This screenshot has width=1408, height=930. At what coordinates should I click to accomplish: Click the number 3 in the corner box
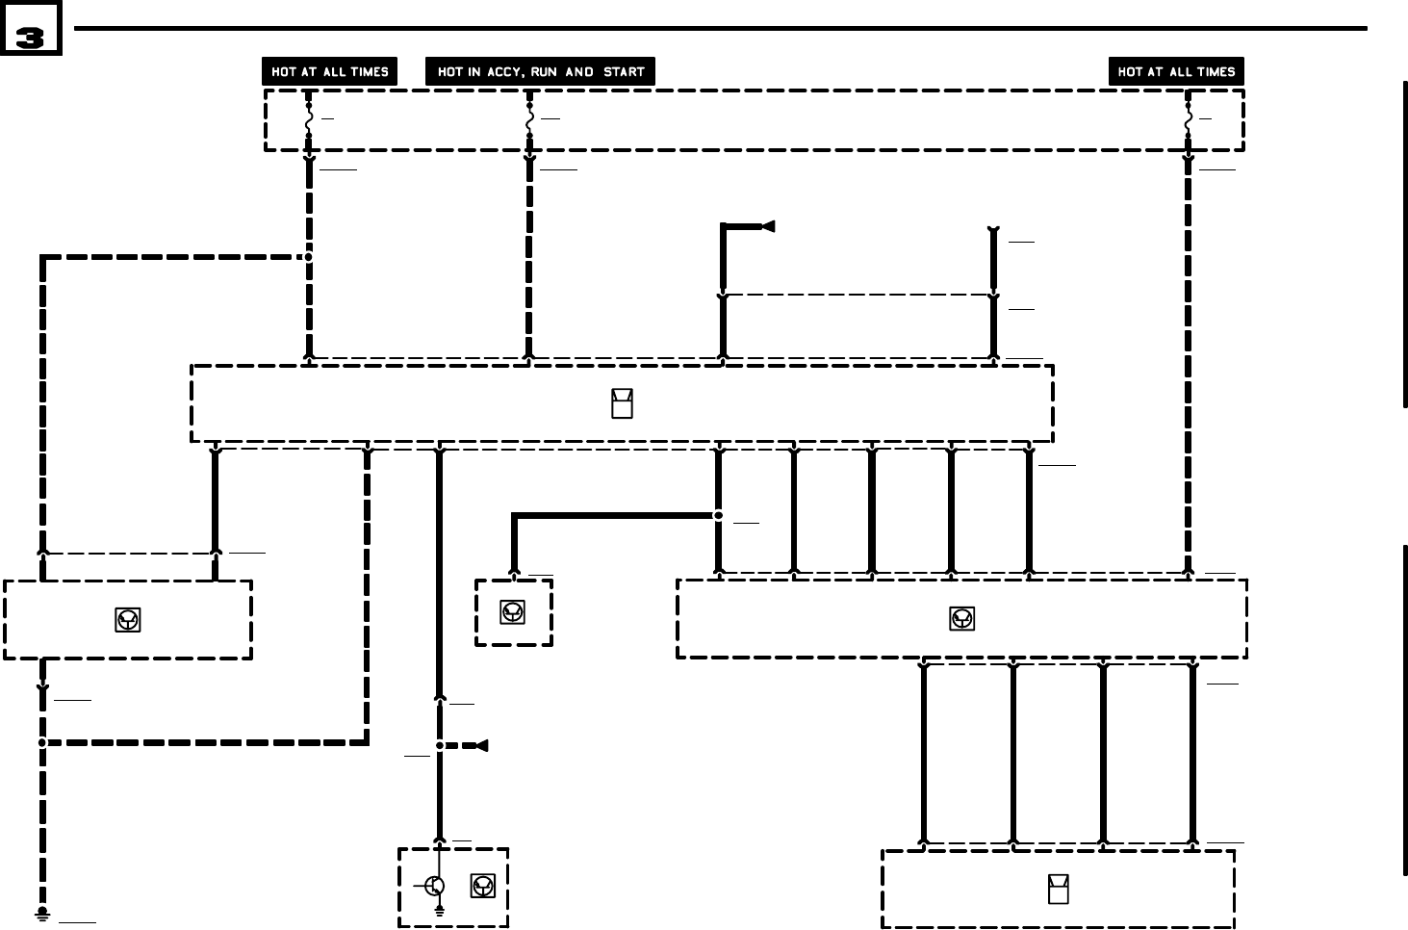30,38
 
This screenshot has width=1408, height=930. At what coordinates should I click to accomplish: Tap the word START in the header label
624,72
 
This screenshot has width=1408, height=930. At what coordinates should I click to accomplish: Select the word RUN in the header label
544,72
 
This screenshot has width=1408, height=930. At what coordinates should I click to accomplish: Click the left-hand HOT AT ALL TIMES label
329,72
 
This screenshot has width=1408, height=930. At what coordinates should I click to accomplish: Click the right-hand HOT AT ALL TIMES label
1176,72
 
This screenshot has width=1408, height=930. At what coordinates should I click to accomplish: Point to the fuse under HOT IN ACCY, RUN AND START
529,120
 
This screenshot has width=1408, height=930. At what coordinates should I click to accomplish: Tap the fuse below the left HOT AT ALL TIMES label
309,120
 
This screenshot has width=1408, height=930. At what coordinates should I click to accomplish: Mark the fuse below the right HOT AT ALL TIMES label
1189,120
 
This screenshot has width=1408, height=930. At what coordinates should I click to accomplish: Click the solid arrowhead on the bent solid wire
768,227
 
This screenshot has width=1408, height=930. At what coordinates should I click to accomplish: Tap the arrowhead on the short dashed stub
481,746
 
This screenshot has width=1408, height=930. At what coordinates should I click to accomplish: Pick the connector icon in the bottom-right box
1058,890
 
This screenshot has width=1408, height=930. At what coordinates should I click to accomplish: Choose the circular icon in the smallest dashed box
513,611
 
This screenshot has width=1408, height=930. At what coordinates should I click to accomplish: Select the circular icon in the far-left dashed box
127,620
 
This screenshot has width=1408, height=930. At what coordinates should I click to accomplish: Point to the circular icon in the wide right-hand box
961,619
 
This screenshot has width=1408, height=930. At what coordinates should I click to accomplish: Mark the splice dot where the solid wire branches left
718,516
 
